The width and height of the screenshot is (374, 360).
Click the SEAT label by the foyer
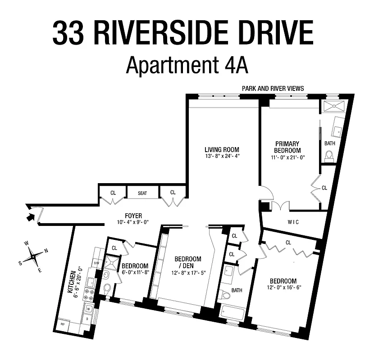[x=142, y=193]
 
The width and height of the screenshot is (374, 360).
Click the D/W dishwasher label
[x=96, y=263]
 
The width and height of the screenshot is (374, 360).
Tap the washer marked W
[x=88, y=308]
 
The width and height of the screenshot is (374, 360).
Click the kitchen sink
[x=90, y=282]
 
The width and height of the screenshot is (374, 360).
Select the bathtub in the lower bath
[x=233, y=314]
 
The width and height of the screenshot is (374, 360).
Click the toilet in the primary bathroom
[x=329, y=156]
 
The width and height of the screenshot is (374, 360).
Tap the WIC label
[x=293, y=222]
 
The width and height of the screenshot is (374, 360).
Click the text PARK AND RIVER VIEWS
[x=273, y=89]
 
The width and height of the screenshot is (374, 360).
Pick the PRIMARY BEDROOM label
[x=288, y=147]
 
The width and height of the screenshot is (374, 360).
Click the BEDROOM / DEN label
[x=187, y=262]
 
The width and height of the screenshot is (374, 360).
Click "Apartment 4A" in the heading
[x=187, y=65]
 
